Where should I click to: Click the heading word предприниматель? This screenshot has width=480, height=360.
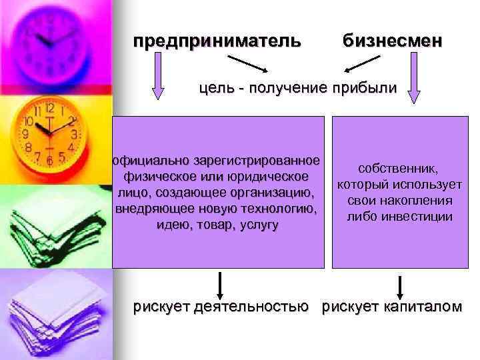click(217, 41)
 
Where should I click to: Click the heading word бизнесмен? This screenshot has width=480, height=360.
click(392, 41)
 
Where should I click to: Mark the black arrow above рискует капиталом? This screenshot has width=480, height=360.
click(399, 284)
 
